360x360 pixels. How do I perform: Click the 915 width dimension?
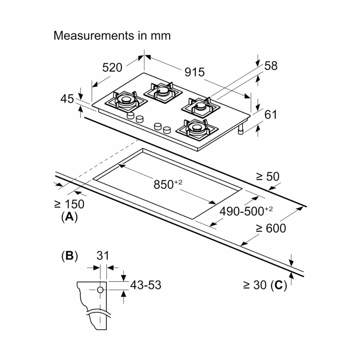[194, 72]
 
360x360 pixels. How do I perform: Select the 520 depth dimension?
[112, 67]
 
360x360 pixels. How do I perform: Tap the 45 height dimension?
[67, 99]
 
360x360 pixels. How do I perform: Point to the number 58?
[271, 66]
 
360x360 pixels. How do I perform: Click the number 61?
[271, 115]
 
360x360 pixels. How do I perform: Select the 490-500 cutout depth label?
[246, 211]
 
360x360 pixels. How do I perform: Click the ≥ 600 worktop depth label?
[271, 228]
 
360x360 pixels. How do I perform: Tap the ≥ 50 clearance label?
[267, 177]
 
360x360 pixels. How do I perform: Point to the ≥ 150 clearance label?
[69, 204]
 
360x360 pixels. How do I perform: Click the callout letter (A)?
[69, 217]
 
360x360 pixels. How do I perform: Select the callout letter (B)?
[69, 256]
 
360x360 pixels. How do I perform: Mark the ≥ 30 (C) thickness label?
[265, 285]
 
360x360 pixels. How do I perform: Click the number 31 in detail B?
[103, 256]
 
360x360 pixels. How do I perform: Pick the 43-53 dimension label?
[145, 285]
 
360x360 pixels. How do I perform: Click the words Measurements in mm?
[112, 35]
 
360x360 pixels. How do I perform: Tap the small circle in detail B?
[100, 290]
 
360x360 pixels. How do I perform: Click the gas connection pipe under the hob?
[241, 129]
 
